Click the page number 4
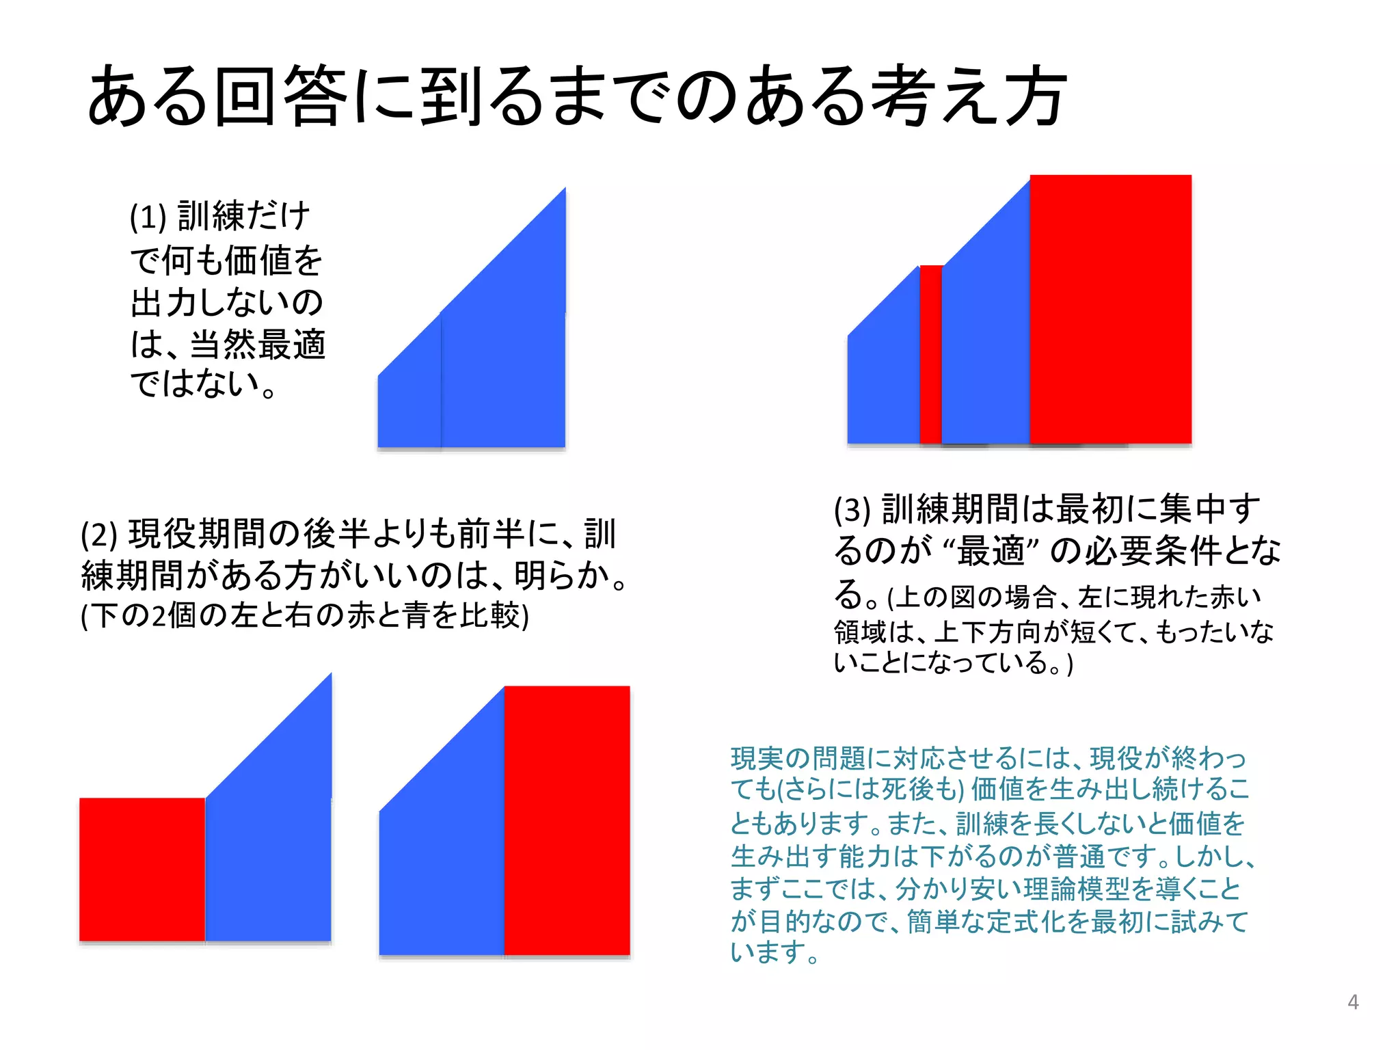[1352, 1002]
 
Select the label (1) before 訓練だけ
[148, 217]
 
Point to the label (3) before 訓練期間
[852, 510]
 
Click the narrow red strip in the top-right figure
[930, 354]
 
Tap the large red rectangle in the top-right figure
[1110, 309]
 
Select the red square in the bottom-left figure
[142, 870]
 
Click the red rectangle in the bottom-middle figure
[567, 820]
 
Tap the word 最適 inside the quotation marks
[991, 551]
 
